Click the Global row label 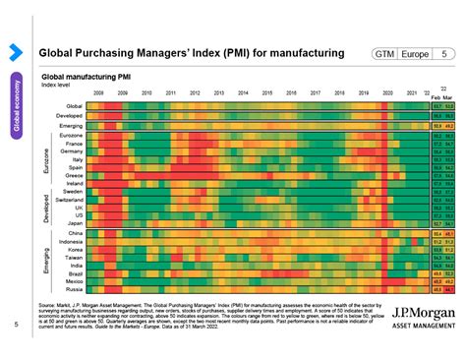(74, 105)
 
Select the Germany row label (72, 152)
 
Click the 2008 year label (99, 92)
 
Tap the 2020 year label (387, 92)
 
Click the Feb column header (437, 97)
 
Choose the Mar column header (450, 97)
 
